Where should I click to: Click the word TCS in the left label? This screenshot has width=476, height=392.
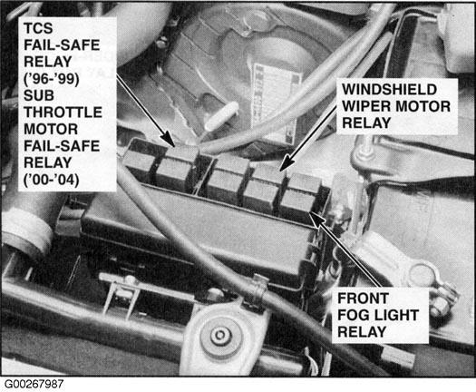click(x=38, y=28)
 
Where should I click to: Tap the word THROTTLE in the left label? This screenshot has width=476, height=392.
click(x=63, y=113)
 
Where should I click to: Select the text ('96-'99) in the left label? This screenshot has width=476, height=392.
click(x=52, y=79)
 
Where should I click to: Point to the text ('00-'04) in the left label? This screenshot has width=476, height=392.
click(x=52, y=180)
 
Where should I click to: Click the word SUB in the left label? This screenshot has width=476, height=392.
click(x=39, y=95)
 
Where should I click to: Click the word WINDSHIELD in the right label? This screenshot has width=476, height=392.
click(x=390, y=89)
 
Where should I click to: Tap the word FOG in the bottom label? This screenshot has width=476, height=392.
click(x=353, y=315)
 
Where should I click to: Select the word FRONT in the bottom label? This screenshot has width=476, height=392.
click(x=363, y=299)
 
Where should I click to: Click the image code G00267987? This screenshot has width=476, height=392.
click(x=34, y=384)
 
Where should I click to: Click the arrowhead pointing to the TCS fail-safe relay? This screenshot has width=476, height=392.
click(x=168, y=139)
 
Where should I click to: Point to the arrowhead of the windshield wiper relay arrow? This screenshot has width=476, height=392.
click(x=286, y=164)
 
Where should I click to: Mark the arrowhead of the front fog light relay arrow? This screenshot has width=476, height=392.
click(x=316, y=219)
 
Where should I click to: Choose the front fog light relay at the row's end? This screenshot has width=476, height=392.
click(x=300, y=198)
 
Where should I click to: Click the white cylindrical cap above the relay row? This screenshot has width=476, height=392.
click(x=221, y=114)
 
